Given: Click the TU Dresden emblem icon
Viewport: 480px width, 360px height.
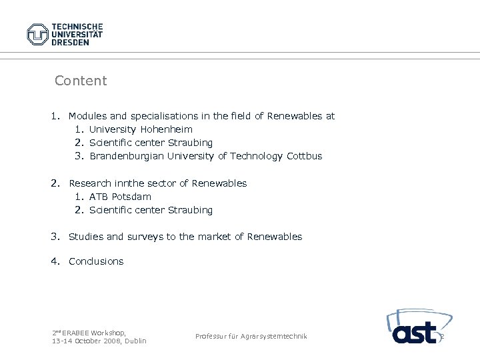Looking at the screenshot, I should click(x=38, y=34).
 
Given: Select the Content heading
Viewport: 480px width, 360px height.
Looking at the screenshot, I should click(x=81, y=81).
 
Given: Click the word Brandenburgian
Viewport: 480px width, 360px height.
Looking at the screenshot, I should click(x=125, y=156).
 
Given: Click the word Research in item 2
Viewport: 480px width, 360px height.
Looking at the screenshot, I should click(x=90, y=183).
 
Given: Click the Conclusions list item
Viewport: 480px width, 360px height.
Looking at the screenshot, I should click(x=96, y=261).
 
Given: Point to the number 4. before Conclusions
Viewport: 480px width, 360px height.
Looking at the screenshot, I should click(x=55, y=261).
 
